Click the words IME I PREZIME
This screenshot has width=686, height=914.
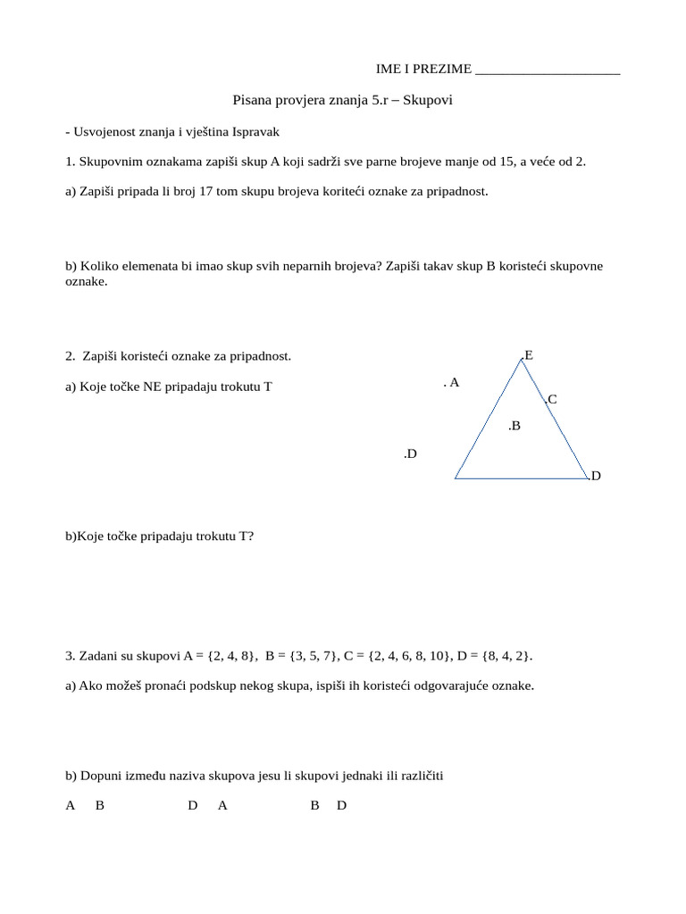tap(423, 71)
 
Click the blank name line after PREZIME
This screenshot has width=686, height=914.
tap(548, 71)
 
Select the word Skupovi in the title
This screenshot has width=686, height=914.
tap(428, 101)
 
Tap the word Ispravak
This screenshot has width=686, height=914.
tap(256, 131)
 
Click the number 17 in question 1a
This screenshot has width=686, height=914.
tap(182, 191)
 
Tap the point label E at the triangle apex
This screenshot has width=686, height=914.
tap(528, 355)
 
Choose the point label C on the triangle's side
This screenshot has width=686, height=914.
tap(551, 400)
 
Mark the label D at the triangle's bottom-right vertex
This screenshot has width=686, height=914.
tap(595, 477)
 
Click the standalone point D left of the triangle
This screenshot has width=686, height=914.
tap(410, 454)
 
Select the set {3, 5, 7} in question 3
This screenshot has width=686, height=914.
tap(308, 656)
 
